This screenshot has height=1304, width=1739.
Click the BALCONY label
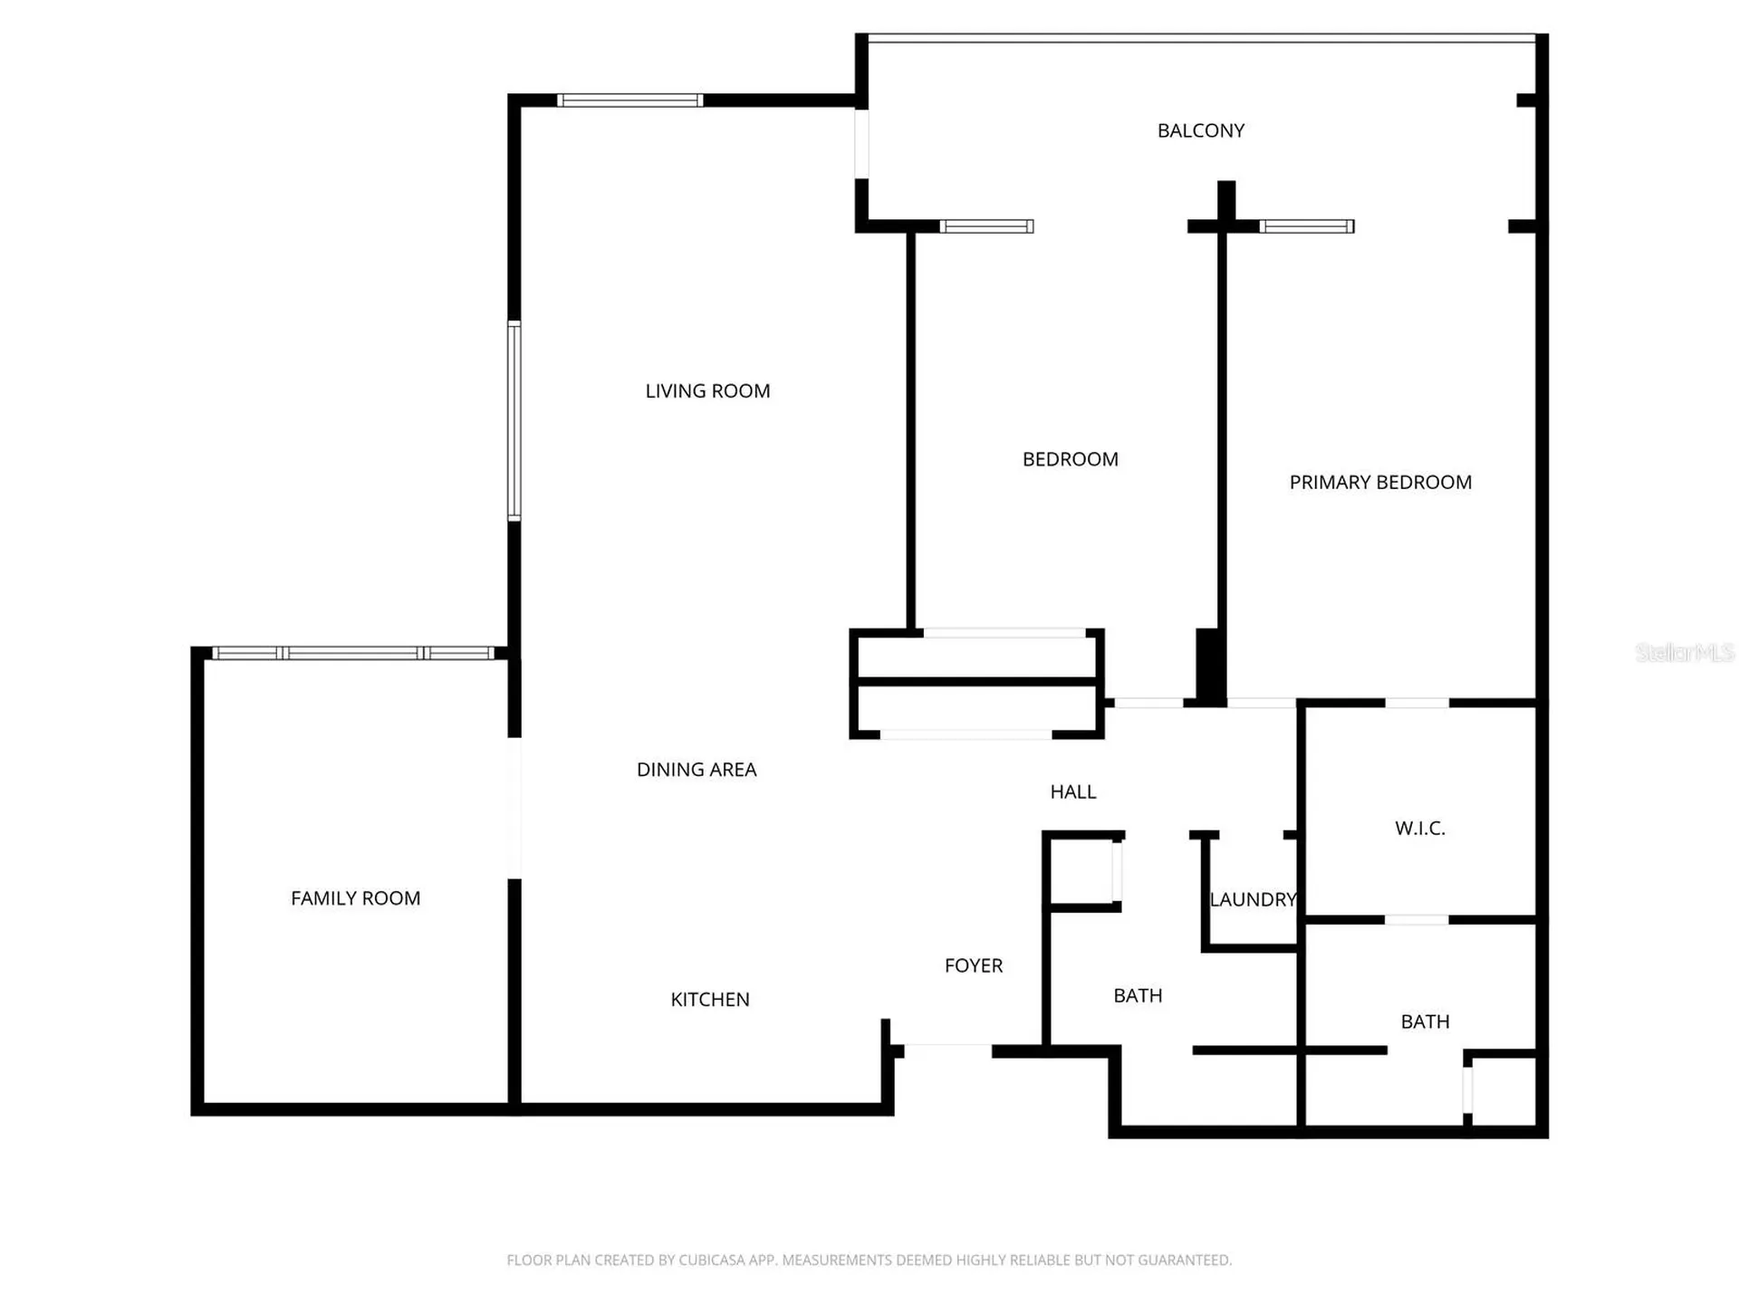(x=1201, y=130)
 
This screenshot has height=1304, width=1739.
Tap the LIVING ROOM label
(x=707, y=391)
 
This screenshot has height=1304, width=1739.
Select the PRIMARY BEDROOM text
(x=1380, y=483)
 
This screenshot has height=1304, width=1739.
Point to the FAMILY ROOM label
(x=355, y=898)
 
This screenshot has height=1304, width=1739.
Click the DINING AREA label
(x=697, y=770)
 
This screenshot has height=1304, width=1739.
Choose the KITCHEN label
(x=710, y=1000)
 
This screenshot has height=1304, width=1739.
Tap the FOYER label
(x=974, y=966)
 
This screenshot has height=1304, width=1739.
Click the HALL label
(x=1073, y=792)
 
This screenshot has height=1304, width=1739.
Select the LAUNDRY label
(x=1254, y=900)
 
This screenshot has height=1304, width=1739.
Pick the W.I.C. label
(x=1420, y=829)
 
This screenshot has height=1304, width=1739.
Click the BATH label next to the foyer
(x=1138, y=996)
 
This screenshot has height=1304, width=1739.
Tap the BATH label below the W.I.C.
(x=1425, y=1022)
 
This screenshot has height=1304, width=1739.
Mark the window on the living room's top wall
(x=629, y=101)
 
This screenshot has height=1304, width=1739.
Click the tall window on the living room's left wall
(x=514, y=421)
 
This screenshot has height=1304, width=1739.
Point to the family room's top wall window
(x=354, y=653)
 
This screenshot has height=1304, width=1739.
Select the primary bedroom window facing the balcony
(x=1307, y=226)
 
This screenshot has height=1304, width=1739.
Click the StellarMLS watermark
(x=1685, y=652)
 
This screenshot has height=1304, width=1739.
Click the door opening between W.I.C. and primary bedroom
(x=1417, y=703)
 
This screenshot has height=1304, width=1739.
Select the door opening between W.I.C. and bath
(x=1417, y=920)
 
